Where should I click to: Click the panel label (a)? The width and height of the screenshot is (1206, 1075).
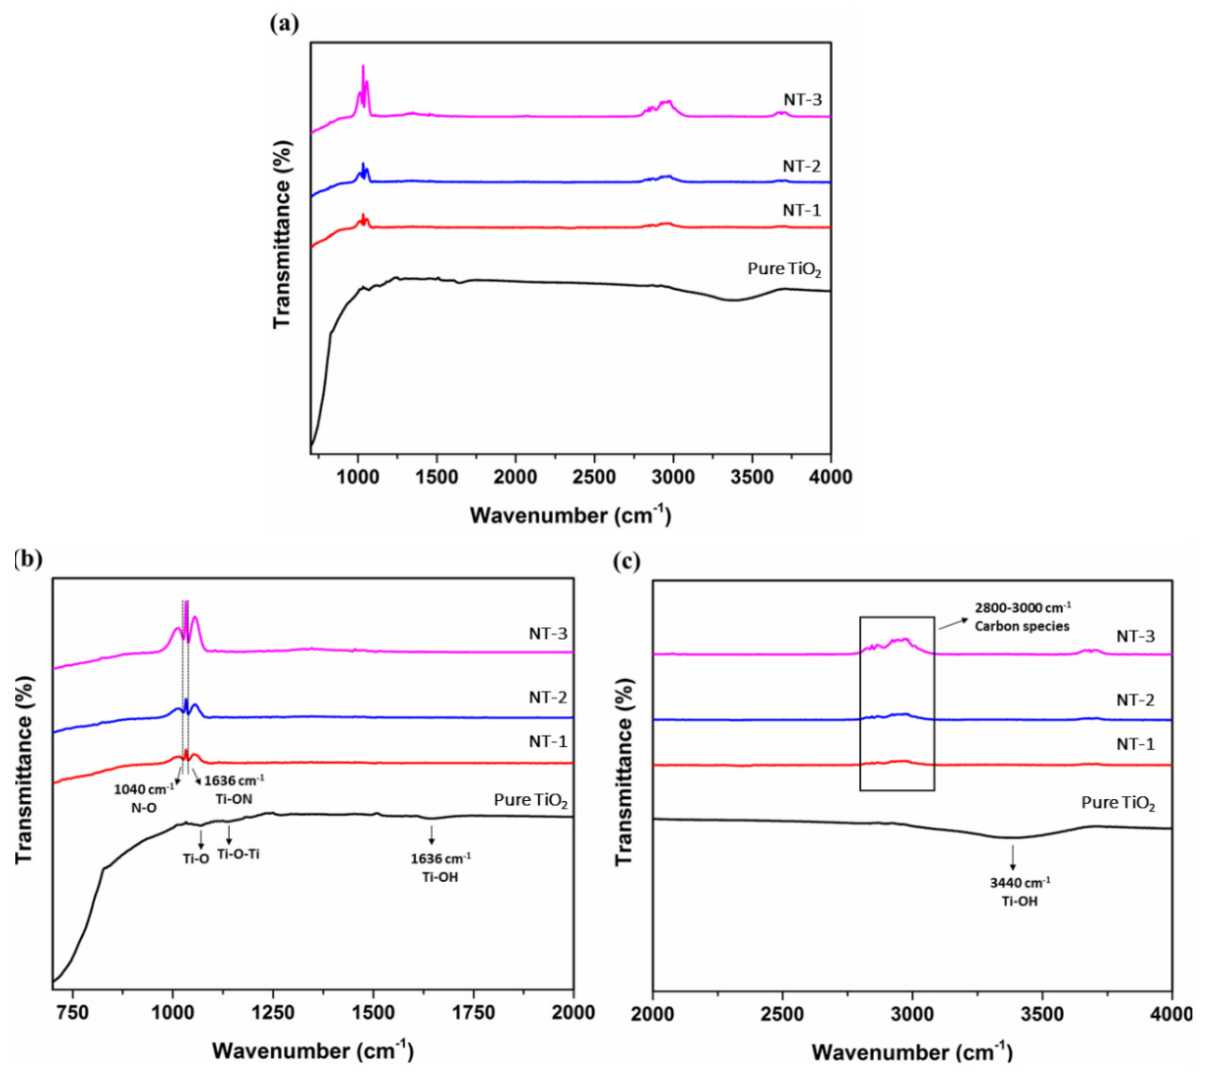pos(284,24)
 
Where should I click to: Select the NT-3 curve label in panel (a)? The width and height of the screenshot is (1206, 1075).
pos(802,99)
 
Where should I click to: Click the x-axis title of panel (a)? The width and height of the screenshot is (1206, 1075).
pos(570,516)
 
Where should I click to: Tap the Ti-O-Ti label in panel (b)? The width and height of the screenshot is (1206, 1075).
pos(239,854)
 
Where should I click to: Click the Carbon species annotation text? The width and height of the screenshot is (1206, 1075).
pos(1022,626)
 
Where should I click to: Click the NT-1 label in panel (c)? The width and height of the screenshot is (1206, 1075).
pos(1135,745)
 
